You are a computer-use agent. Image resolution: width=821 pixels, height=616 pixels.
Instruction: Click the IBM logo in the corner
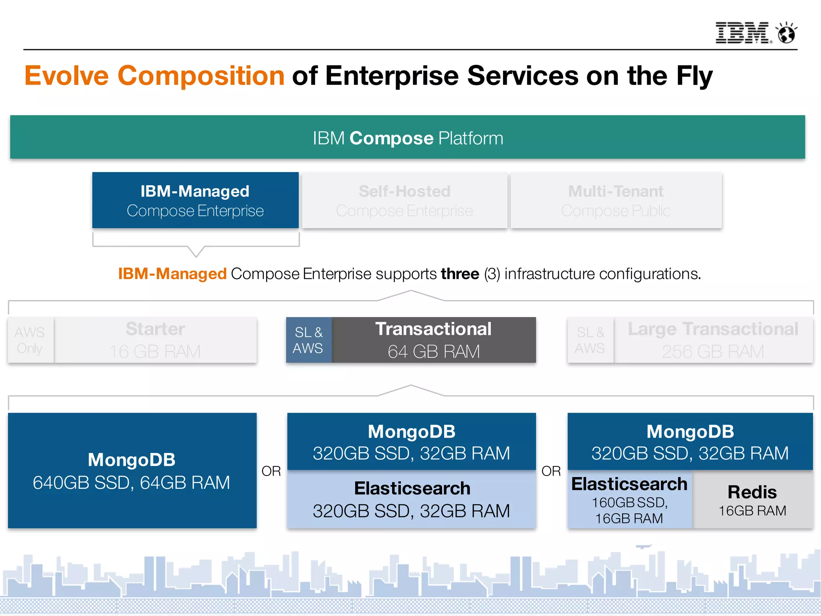(742, 33)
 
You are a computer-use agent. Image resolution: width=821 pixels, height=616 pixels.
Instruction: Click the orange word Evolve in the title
(67, 76)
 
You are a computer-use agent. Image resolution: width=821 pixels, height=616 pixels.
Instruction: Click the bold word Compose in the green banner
(391, 138)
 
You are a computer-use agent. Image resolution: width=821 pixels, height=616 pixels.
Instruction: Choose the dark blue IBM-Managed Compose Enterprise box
(195, 201)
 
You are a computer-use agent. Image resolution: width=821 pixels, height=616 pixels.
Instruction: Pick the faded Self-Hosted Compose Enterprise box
(404, 201)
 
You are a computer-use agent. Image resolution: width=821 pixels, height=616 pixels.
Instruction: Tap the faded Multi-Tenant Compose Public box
(616, 201)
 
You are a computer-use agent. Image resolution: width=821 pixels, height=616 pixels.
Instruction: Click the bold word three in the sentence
(460, 274)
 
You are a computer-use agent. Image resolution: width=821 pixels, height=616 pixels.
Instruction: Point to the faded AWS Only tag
(30, 340)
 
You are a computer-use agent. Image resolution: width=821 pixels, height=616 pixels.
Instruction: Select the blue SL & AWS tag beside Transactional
(308, 340)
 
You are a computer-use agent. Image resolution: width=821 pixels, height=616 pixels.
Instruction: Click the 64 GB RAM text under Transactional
(434, 352)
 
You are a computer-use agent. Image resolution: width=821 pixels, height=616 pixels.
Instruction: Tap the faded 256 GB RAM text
(713, 352)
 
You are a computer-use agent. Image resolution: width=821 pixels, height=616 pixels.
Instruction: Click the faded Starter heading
(155, 329)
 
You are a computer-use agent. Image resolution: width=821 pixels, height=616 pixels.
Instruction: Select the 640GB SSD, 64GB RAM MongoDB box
(132, 470)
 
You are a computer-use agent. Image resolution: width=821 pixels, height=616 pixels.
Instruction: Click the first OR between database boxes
(271, 471)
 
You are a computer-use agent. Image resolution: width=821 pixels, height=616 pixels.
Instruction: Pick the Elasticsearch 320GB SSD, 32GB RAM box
(411, 499)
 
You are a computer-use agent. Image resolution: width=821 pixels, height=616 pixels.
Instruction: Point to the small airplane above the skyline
(643, 546)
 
